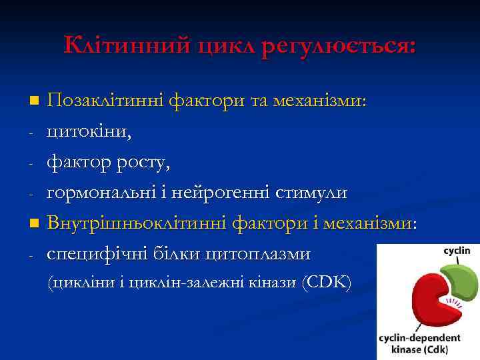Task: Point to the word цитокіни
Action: [x=89, y=132]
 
